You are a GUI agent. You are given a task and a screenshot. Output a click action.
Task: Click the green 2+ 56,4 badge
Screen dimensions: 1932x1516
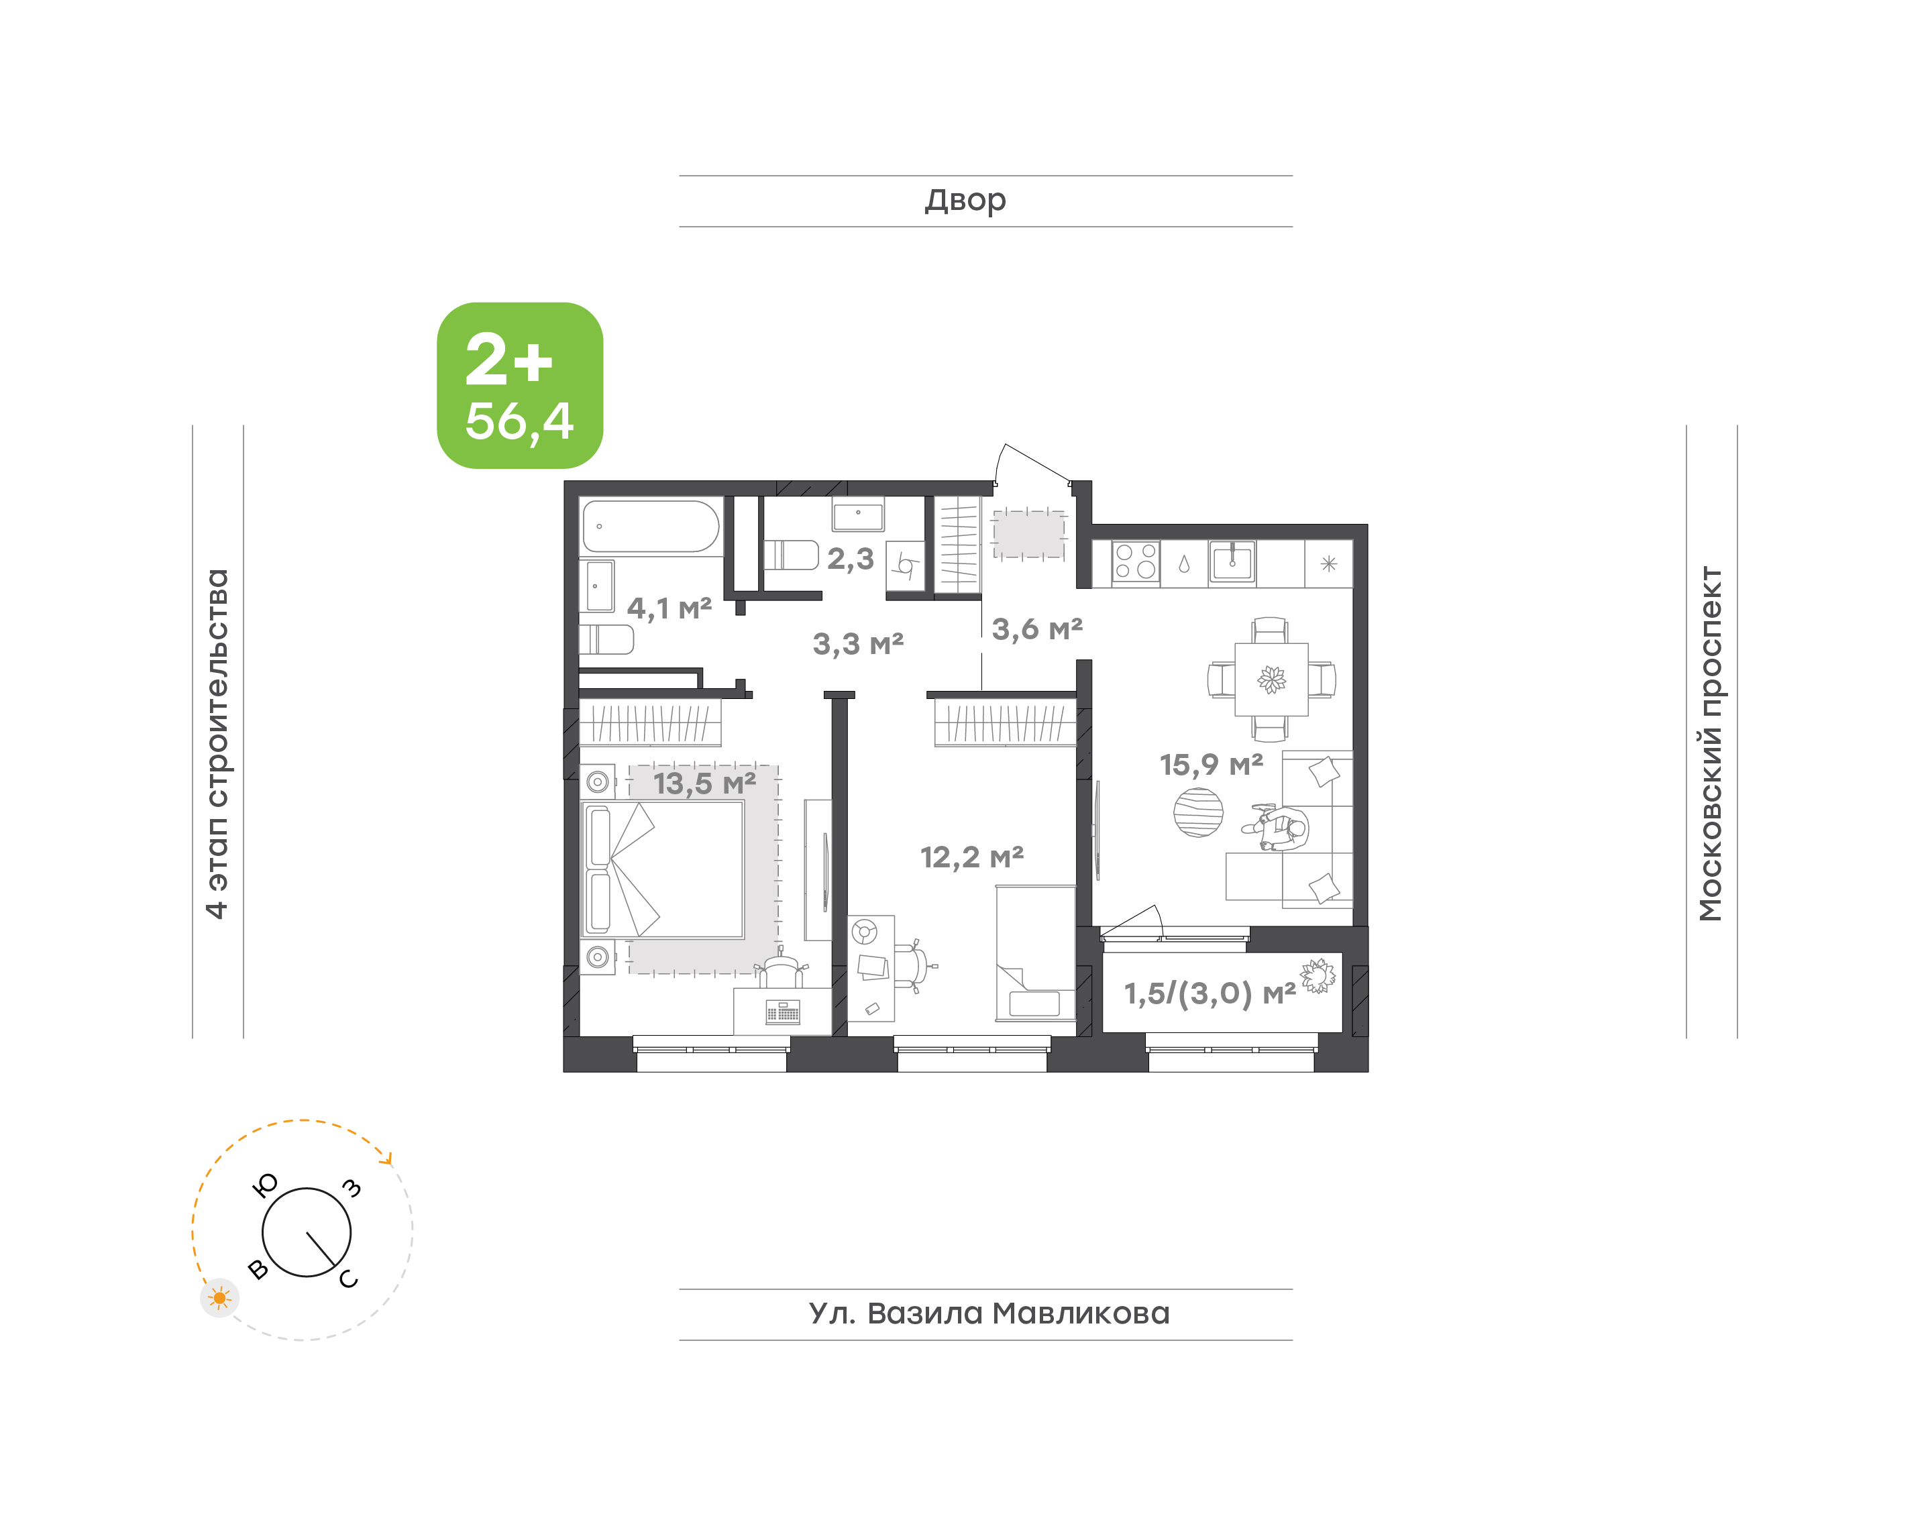click(519, 385)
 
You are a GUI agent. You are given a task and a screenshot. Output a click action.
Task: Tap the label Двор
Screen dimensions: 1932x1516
click(965, 201)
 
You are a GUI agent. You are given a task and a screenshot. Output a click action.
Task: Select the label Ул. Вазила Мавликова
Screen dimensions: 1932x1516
click(989, 1313)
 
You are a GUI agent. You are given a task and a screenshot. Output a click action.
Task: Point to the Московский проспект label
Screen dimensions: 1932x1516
click(1710, 743)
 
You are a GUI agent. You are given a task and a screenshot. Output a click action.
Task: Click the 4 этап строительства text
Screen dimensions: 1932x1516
click(217, 743)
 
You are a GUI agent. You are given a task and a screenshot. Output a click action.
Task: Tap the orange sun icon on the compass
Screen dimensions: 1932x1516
click(219, 1299)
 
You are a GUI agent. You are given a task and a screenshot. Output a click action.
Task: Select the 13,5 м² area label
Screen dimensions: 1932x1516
click(704, 783)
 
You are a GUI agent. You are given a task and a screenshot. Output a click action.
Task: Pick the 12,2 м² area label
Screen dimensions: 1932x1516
click(972, 857)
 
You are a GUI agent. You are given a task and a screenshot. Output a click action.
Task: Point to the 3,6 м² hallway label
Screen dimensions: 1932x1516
click(1036, 629)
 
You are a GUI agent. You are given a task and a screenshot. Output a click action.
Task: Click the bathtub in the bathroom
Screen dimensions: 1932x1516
click(651, 527)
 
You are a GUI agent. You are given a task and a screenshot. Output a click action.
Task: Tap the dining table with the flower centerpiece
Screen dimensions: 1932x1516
click(1271, 679)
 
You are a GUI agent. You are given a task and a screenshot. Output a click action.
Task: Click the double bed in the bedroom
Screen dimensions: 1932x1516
click(663, 870)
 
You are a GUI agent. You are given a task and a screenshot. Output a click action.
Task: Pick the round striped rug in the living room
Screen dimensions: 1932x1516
click(1198, 812)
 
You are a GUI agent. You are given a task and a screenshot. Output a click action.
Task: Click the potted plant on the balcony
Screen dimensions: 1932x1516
click(1318, 975)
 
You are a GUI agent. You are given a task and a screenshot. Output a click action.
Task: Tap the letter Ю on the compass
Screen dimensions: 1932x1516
click(266, 1185)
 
